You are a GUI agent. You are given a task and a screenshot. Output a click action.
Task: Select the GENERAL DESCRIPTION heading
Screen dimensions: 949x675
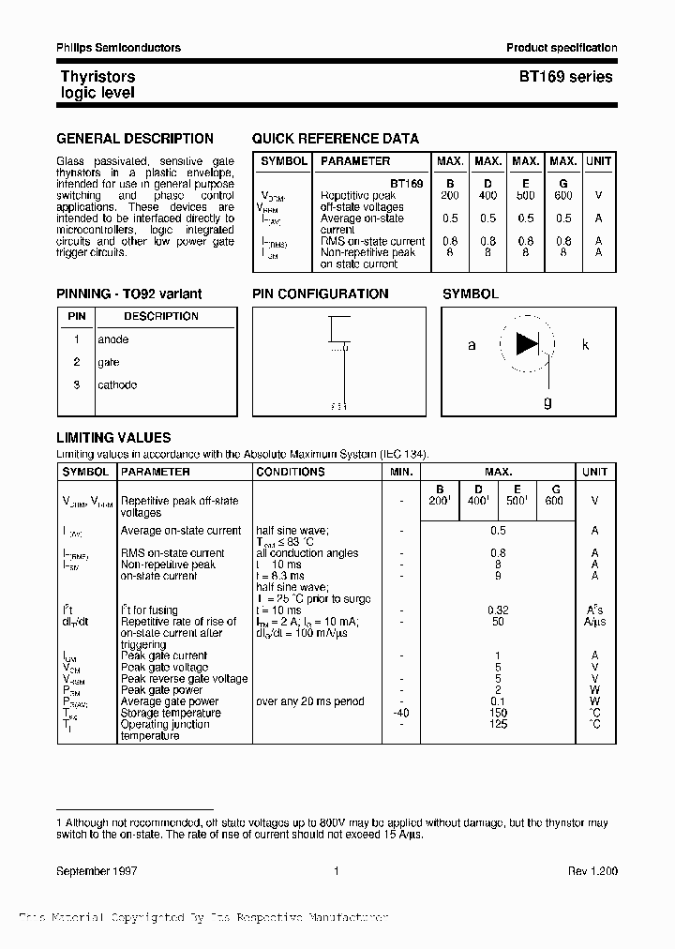click(x=135, y=139)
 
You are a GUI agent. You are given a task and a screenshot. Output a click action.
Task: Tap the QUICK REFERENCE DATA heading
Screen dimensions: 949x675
click(x=335, y=139)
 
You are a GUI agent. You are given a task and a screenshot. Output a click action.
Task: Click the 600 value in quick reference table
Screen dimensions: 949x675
click(x=562, y=195)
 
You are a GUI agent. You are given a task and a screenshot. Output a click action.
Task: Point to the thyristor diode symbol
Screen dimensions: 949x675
click(x=528, y=344)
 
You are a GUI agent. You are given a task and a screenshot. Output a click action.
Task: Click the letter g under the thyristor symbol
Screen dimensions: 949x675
click(x=547, y=402)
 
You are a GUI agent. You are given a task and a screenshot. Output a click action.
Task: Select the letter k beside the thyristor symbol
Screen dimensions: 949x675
click(x=586, y=345)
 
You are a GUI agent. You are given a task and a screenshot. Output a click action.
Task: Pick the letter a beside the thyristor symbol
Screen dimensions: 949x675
click(x=472, y=345)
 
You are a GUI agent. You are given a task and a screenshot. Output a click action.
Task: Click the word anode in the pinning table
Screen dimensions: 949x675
click(x=113, y=339)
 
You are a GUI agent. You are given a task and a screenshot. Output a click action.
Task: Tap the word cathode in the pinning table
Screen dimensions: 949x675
click(x=117, y=384)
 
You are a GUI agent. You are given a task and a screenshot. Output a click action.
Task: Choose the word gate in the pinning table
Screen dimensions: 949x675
click(x=109, y=362)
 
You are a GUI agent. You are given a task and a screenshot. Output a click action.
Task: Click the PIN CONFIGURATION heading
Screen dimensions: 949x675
click(x=320, y=294)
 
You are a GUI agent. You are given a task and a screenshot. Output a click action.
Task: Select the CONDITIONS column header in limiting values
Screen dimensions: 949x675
click(x=291, y=472)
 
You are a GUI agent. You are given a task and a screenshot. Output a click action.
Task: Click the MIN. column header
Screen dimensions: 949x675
click(x=400, y=472)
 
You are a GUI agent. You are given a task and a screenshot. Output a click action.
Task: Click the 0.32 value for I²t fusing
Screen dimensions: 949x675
click(x=498, y=610)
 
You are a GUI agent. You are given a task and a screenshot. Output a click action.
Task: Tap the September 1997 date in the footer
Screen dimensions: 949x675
click(x=97, y=871)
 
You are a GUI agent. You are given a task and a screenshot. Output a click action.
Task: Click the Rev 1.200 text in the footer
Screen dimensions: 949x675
click(x=592, y=871)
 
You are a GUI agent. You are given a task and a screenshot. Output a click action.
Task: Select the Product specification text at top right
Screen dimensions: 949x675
click(x=562, y=48)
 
